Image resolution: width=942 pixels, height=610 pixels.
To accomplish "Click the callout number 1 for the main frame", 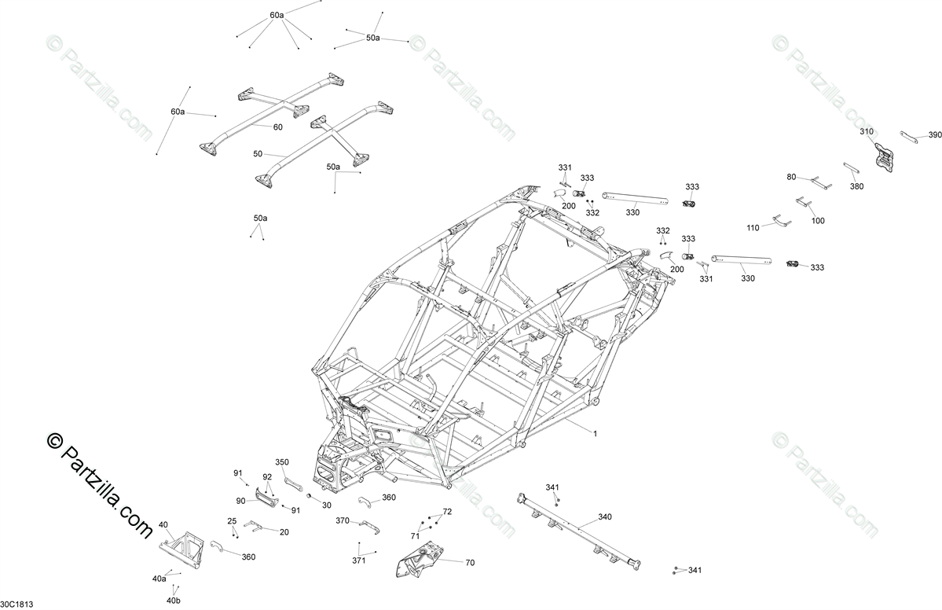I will (595, 433).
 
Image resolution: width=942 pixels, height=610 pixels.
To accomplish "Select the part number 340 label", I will (605, 516).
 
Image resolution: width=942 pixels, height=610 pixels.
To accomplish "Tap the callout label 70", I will (470, 563).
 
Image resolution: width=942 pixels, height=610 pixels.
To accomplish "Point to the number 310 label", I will (867, 131).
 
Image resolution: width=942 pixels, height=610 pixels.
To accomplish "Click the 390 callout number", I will (934, 135).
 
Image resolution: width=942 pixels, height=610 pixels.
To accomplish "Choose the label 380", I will (856, 186).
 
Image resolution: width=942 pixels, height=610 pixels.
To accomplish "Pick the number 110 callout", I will (753, 227).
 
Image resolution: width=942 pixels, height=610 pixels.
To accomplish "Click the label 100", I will (818, 221).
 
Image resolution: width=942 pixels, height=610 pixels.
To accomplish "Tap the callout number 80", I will (791, 177).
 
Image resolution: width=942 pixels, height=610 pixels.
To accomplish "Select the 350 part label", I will (282, 462).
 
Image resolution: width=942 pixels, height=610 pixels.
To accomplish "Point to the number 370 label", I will (343, 520).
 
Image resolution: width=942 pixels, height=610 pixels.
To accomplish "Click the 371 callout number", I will (359, 560).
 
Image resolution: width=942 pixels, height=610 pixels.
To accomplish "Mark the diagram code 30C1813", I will (16, 604).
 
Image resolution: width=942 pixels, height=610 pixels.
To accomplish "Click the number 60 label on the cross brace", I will (277, 127).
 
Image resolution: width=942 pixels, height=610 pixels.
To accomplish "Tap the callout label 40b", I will (173, 601).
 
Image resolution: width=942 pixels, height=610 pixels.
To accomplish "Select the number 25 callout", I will (232, 521).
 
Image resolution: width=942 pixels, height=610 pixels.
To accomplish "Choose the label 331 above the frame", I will (565, 167).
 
